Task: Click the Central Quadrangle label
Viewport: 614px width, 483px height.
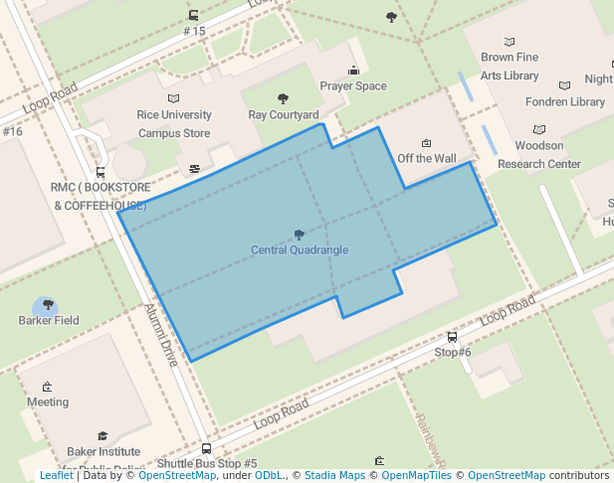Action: (300, 249)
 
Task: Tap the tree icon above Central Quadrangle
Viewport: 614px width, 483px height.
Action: (300, 235)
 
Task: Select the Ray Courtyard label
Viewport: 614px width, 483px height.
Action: (284, 114)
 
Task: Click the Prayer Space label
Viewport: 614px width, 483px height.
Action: (353, 86)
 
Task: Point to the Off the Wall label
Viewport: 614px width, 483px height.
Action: (427, 158)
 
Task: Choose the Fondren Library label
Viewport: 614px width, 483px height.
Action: (564, 101)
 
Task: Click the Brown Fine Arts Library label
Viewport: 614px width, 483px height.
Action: (510, 67)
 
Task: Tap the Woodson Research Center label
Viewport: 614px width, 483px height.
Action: (538, 155)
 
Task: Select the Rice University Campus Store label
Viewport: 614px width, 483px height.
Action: (174, 123)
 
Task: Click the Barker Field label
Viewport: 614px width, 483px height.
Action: (49, 320)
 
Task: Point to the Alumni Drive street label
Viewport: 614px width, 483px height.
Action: (161, 335)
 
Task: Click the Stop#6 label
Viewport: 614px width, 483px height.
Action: (453, 352)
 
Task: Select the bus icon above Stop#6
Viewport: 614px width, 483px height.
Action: (453, 337)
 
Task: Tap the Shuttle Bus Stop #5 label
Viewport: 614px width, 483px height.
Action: (207, 463)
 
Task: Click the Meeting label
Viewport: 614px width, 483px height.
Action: (48, 402)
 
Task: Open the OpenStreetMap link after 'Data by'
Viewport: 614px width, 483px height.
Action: (176, 476)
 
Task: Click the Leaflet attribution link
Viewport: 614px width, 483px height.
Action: (56, 476)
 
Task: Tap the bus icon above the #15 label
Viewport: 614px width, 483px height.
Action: (193, 16)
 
